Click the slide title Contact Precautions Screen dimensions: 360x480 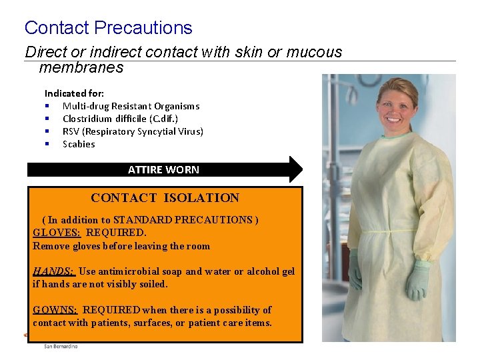(108, 28)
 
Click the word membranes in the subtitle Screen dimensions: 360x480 (81, 67)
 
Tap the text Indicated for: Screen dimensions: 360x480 (74, 93)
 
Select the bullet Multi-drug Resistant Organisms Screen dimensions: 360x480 (131, 106)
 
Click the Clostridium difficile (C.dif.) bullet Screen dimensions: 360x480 (120, 119)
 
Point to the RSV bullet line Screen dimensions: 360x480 (133, 131)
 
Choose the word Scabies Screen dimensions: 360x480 (79, 144)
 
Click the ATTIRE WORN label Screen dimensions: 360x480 (163, 169)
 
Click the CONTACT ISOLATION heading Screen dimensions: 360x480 (165, 197)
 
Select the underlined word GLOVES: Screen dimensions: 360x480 (57, 233)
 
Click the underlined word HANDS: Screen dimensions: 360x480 (54, 271)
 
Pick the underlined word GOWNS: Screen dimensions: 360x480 (55, 310)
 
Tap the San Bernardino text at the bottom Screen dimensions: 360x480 (61, 346)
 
